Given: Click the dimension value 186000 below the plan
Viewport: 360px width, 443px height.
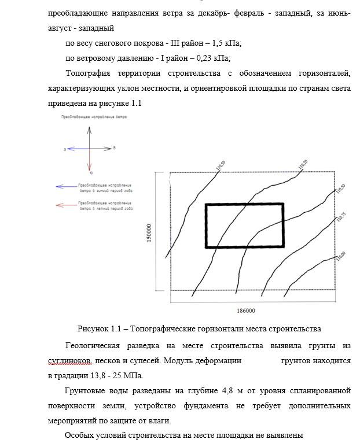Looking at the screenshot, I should coord(246,311).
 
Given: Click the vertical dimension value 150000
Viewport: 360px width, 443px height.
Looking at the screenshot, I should coord(149,233).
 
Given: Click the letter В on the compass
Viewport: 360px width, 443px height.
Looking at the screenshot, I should coord(115,149).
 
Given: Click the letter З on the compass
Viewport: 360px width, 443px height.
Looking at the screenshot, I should coord(65,149).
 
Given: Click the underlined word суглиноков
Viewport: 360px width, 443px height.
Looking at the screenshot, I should coord(69,360).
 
